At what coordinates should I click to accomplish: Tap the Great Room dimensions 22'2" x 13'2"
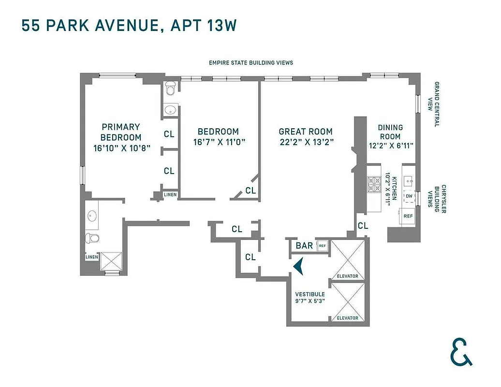tap(306, 142)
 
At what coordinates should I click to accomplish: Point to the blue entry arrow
tap(299, 266)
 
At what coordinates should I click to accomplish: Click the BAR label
tap(304, 246)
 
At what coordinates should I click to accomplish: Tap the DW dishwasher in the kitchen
tap(409, 196)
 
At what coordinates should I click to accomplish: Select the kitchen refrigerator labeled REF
tap(408, 216)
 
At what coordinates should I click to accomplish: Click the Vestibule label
tap(310, 294)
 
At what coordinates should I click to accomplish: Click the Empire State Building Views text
tap(250, 63)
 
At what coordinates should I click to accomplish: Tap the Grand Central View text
tap(436, 104)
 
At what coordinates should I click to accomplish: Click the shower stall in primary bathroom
tap(113, 262)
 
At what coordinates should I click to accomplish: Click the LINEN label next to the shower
tap(91, 257)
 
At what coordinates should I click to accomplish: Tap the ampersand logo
tap(461, 351)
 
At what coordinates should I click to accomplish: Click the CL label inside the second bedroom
tap(250, 191)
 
